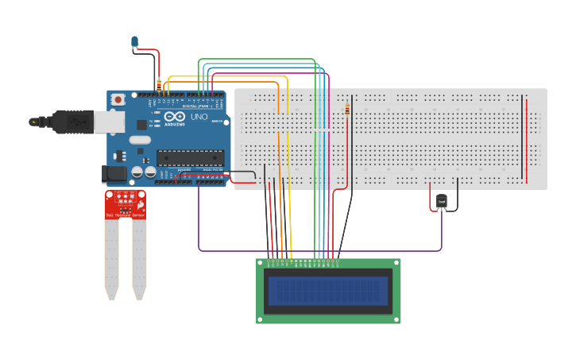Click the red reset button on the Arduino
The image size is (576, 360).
pos(118,99)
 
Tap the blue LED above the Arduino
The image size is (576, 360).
pos(134,41)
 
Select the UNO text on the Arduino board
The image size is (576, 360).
pos(199,116)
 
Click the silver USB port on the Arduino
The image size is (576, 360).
pos(108,122)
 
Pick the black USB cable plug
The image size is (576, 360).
pos(68,122)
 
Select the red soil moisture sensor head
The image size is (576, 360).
pos(126,204)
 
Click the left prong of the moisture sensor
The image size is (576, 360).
pos(111,258)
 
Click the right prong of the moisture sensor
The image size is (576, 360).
pos(139,258)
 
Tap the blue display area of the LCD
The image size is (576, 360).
pos(328,292)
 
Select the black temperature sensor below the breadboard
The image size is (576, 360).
pos(442,203)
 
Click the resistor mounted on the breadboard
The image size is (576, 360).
pos(347,110)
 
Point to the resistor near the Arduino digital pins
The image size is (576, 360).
pos(159,83)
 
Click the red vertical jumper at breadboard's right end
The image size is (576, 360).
pos(526,139)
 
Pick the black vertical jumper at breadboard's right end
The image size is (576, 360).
pos(522,139)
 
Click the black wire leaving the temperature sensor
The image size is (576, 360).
pos(457,191)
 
